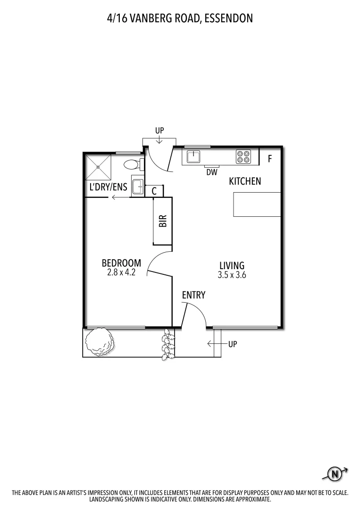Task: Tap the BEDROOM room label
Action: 121,263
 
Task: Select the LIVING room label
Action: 232,265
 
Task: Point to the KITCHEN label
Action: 245,181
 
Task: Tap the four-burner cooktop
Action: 243,156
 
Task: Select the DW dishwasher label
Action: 212,172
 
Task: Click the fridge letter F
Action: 270,159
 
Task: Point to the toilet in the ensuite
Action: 132,165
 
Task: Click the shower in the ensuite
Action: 98,167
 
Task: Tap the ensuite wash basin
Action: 137,187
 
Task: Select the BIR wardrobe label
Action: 163,221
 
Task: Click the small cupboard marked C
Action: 154,191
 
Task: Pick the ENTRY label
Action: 194,296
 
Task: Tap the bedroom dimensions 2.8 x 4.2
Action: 121,272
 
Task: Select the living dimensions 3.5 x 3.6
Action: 232,275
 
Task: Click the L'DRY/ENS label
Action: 109,187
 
